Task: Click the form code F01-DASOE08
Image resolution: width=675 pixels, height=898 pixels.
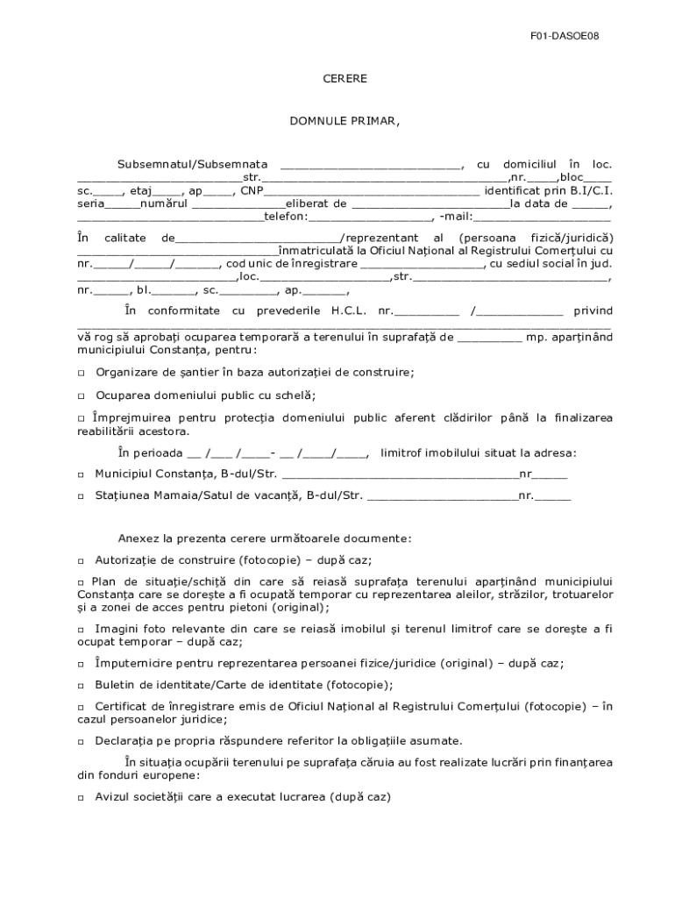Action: (x=564, y=36)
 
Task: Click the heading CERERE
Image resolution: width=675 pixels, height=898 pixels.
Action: (x=345, y=79)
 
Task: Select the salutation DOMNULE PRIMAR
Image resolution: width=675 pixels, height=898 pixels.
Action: (x=345, y=121)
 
